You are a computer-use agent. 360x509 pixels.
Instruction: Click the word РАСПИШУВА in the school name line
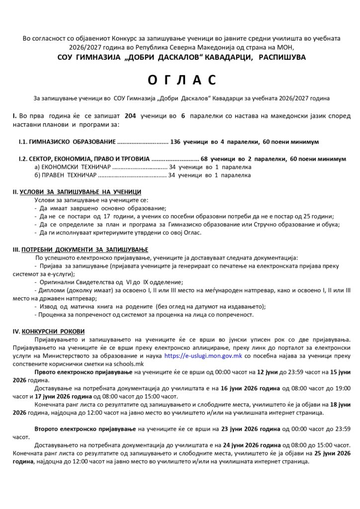coord(281,57)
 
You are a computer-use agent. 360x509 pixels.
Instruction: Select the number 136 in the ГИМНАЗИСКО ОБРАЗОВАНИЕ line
coord(175,142)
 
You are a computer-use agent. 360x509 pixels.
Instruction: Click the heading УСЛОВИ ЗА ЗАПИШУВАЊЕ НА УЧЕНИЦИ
coord(80,191)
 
